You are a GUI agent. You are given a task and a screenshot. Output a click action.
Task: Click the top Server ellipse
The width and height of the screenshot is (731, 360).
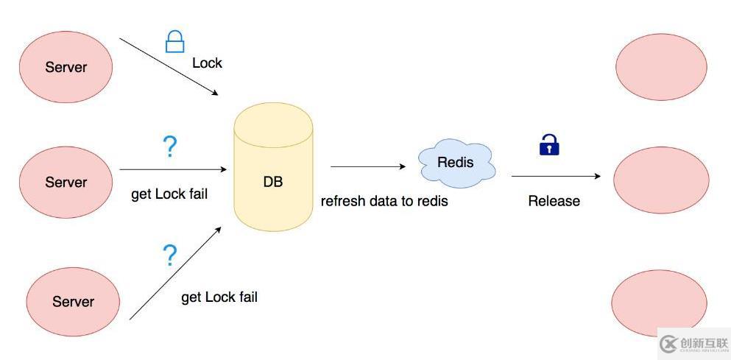click(66, 66)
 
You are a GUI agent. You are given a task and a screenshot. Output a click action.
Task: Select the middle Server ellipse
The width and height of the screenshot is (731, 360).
click(66, 182)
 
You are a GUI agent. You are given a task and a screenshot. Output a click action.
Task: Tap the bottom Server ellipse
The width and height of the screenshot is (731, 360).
click(73, 301)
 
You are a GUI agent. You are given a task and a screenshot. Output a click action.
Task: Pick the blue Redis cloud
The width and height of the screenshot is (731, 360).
click(456, 163)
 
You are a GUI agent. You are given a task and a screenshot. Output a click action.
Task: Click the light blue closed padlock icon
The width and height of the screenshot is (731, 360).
click(174, 41)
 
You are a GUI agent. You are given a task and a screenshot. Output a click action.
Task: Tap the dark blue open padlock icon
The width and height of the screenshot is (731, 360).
click(549, 144)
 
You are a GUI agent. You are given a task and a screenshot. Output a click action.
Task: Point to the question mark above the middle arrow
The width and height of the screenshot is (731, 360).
click(170, 147)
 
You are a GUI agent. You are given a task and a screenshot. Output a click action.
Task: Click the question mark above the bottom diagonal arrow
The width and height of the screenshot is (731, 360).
click(170, 255)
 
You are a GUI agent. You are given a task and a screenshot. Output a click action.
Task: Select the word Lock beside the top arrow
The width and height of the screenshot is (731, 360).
click(207, 63)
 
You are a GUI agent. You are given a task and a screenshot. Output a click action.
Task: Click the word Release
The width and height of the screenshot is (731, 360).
click(554, 201)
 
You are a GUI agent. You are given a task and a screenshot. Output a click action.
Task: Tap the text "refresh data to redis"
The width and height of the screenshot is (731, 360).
click(384, 201)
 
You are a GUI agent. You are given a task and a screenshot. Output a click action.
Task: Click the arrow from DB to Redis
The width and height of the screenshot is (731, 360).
click(367, 166)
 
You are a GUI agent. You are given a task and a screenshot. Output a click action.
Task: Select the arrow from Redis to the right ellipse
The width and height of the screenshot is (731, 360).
click(556, 176)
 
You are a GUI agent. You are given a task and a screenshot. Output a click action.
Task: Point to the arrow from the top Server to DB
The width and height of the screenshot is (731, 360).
click(169, 66)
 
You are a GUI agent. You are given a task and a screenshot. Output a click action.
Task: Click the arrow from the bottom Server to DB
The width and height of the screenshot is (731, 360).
click(175, 273)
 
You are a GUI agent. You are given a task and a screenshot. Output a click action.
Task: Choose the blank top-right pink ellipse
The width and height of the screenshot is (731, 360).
click(661, 66)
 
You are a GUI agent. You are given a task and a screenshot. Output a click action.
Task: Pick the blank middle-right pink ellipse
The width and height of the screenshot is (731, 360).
click(661, 180)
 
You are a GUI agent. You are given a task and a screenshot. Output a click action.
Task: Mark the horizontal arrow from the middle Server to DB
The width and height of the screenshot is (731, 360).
click(172, 169)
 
